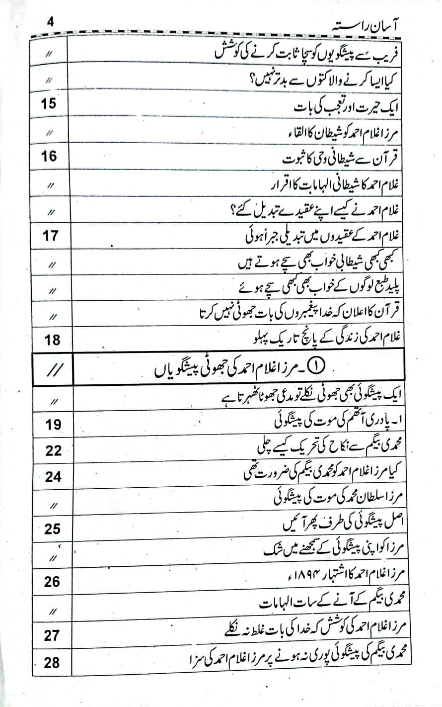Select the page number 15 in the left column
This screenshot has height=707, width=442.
(49, 104)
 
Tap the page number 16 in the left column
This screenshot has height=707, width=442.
(49, 157)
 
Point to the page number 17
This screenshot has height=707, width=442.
(50, 236)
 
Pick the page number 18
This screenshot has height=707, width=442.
(52, 340)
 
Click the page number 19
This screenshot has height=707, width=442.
(53, 425)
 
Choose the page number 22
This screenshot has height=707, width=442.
(53, 450)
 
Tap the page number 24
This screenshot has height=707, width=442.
(53, 476)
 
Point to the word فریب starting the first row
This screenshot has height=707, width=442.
(392, 53)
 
